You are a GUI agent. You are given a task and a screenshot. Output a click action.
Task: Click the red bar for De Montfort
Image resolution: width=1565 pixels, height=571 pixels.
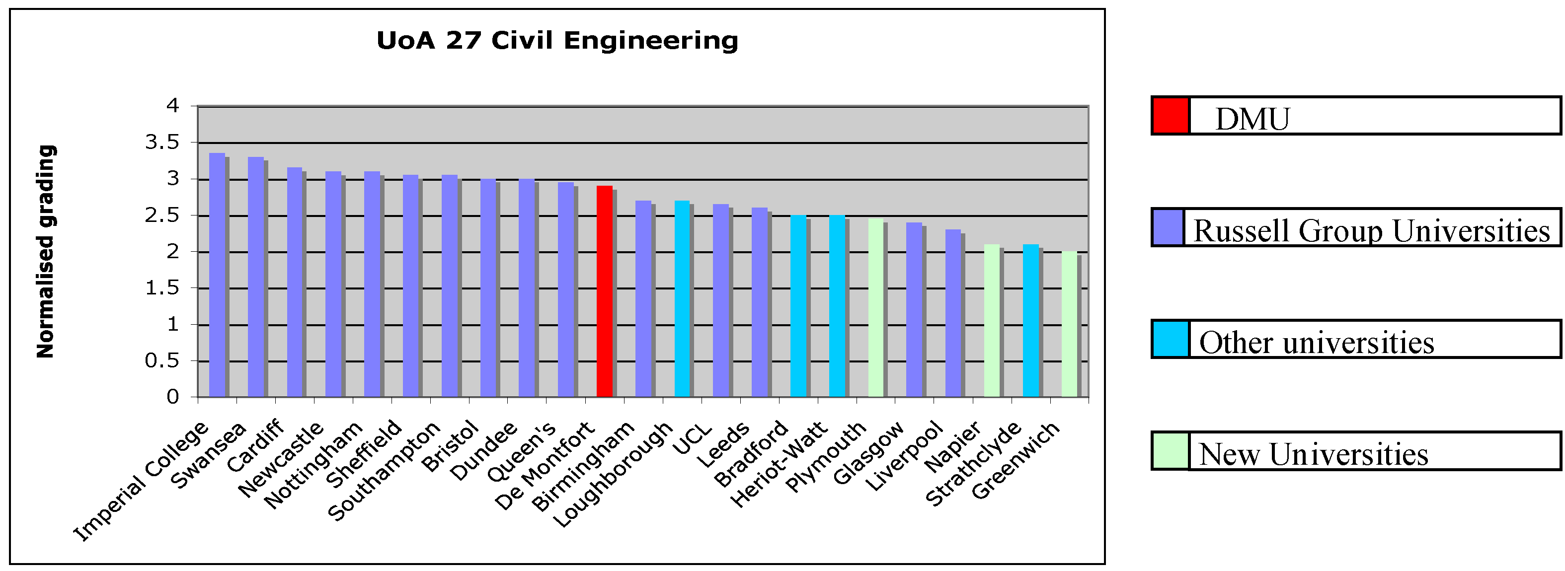coord(605,291)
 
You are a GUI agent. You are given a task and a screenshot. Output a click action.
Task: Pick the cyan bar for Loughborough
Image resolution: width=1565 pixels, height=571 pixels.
coord(682,299)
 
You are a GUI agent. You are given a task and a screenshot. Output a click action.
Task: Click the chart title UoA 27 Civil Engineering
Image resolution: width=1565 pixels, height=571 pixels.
coord(557,41)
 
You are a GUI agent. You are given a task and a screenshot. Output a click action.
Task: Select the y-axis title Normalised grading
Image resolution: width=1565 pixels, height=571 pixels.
coord(46,251)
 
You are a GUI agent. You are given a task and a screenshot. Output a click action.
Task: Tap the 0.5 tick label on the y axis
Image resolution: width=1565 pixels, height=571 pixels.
coord(162,361)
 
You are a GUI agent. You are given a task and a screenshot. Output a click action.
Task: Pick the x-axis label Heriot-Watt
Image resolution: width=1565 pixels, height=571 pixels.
coord(779,465)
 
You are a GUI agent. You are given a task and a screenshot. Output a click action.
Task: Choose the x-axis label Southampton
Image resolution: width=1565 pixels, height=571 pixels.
coord(384,471)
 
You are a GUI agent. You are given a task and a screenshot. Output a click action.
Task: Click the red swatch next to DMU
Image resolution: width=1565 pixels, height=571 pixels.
coord(1170,115)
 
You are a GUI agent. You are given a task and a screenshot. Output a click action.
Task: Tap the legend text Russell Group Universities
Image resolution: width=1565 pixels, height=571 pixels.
coord(1372,231)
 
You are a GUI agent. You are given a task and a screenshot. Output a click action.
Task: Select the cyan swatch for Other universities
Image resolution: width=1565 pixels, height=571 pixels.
coord(1170,340)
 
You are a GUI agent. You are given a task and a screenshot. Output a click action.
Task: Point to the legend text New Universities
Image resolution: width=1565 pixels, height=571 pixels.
coord(1314,454)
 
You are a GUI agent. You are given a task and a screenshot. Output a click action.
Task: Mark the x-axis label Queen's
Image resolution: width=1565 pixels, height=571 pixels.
coord(521,452)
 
